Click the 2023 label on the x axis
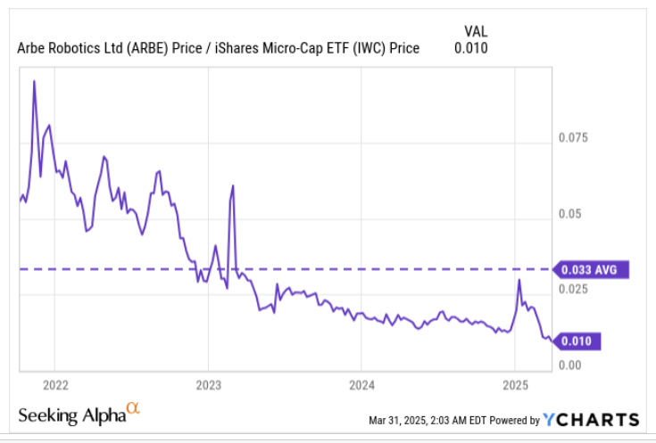click(x=208, y=385)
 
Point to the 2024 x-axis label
click(x=361, y=385)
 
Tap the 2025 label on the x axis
click(x=514, y=385)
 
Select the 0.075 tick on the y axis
click(x=573, y=138)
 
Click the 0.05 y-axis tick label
click(x=569, y=214)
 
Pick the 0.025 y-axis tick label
click(x=573, y=290)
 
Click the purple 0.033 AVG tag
click(x=593, y=269)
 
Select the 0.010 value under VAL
click(x=470, y=47)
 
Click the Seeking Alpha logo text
click(x=71, y=416)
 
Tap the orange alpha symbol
click(x=133, y=408)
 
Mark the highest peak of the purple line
click(x=34, y=81)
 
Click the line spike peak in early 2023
click(x=233, y=185)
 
